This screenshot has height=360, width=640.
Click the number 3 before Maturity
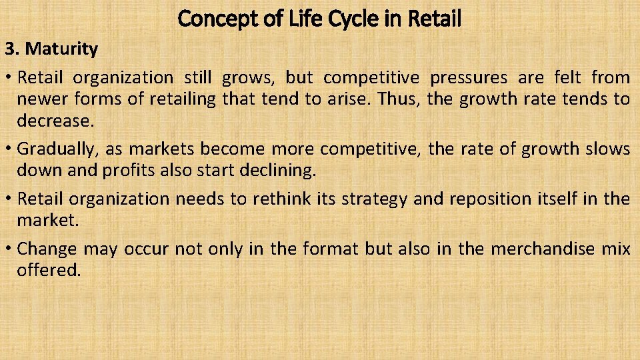coord(9,49)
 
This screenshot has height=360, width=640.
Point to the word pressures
coord(469,78)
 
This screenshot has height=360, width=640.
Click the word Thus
coord(396,99)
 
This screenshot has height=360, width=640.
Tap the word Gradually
coord(57,148)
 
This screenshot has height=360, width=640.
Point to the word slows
coord(607,148)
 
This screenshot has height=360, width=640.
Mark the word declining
coord(275,170)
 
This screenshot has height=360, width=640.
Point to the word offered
coord(49,271)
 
